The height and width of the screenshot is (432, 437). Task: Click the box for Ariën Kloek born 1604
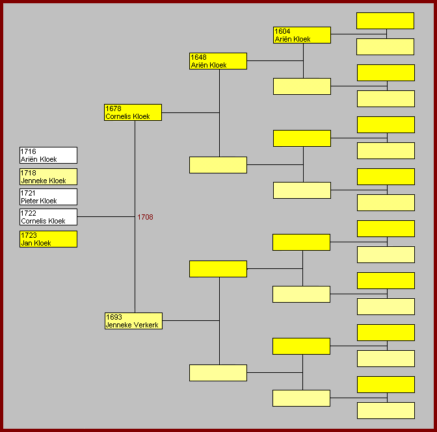click(x=302, y=35)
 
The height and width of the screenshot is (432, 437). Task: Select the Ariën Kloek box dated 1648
click(x=218, y=61)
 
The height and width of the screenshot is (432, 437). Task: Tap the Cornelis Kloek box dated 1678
click(x=133, y=112)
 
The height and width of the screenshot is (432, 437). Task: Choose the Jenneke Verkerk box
click(x=133, y=321)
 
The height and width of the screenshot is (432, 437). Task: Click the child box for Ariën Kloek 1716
click(x=48, y=155)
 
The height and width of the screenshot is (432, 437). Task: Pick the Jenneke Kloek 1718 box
click(x=48, y=177)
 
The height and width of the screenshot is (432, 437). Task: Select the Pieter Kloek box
click(x=48, y=197)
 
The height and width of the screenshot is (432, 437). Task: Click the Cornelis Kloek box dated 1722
click(x=48, y=217)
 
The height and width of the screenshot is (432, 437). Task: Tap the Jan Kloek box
click(x=48, y=239)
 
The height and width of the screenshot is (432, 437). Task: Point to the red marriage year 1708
click(x=145, y=217)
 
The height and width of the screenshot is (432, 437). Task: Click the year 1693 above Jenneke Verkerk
click(x=113, y=317)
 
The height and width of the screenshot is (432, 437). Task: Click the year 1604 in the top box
click(x=282, y=31)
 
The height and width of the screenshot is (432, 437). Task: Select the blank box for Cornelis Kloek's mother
click(x=218, y=165)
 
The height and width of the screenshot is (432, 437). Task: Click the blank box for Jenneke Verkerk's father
click(x=218, y=269)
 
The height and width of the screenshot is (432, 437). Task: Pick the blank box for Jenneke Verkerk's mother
click(x=218, y=373)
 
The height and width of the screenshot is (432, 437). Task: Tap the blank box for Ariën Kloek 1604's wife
click(x=302, y=86)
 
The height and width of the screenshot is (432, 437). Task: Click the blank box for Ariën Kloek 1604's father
click(x=385, y=21)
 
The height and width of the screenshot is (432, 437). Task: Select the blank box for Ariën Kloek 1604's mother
click(x=385, y=47)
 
